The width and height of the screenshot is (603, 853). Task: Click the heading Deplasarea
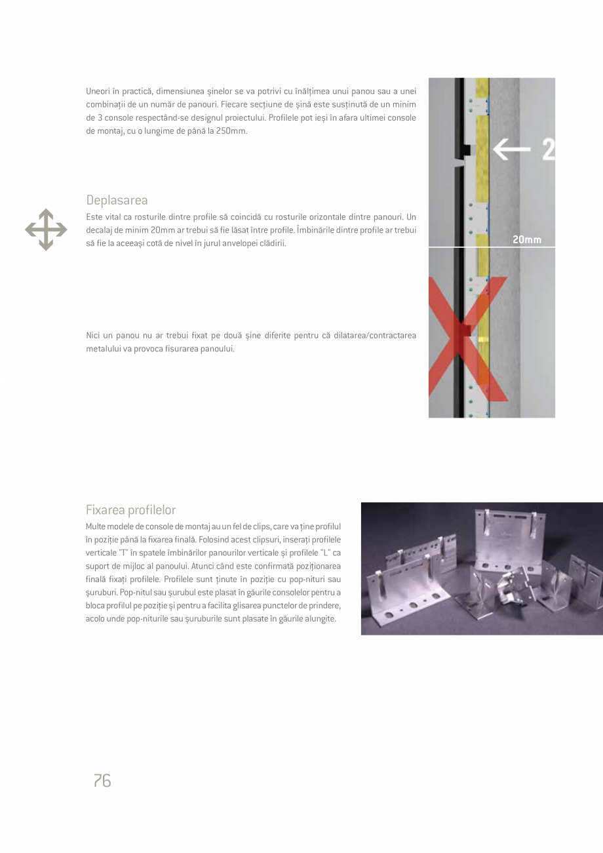click(117, 200)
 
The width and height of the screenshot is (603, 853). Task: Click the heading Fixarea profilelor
click(130, 509)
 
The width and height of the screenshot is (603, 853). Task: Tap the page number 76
click(102, 780)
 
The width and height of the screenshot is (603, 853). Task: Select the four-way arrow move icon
click(46, 229)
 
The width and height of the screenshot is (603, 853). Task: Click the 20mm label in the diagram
click(527, 239)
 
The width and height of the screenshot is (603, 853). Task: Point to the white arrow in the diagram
click(512, 150)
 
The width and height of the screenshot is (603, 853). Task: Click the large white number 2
click(548, 150)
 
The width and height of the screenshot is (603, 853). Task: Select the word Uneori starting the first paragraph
click(98, 90)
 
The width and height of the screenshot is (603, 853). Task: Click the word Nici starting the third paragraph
click(94, 336)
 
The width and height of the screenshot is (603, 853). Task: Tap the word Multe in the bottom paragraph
click(96, 526)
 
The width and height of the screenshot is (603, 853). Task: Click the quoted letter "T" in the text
click(123, 553)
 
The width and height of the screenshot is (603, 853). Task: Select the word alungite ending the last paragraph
click(321, 619)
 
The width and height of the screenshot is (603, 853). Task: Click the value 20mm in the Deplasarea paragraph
click(162, 230)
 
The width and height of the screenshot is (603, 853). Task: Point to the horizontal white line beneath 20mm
click(492, 247)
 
